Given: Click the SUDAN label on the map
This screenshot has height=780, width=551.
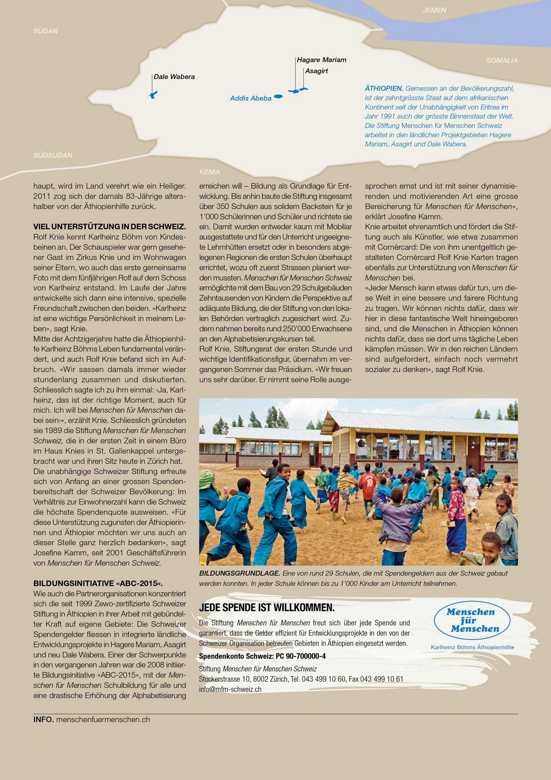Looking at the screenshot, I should coord(45,31).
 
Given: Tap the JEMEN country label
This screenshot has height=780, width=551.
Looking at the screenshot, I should coord(434,10).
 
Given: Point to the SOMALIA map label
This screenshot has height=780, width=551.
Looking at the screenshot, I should coord(502,61).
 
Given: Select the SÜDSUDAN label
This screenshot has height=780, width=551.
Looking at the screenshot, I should coord(53,155).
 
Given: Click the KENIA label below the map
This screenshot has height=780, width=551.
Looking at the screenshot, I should coord(210,172).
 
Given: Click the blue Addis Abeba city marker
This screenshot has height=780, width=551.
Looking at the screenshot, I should coord(278,97).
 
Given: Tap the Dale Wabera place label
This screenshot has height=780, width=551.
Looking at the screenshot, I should coord(174,77).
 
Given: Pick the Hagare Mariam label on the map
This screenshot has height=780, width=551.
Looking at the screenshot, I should coord(322,60).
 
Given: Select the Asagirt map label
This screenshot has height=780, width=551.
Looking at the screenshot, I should coord(316,71).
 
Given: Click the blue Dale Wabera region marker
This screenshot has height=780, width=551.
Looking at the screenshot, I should coord(153,95).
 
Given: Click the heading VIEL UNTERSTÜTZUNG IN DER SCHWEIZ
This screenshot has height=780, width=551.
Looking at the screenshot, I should coord(110,227).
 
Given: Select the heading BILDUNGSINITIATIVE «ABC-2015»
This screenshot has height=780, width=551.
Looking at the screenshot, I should coord(98,583).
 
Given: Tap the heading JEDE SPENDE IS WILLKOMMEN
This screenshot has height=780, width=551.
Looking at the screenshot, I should coord(267,608).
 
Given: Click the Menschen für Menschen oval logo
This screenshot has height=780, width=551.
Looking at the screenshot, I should coord(472,620).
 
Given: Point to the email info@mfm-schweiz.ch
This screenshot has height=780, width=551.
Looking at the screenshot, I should coord(230,689).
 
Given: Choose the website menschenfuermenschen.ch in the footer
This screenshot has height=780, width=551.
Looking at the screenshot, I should coord(103,719).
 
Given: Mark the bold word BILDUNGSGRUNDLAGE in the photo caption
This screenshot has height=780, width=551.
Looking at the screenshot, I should coord(240,573).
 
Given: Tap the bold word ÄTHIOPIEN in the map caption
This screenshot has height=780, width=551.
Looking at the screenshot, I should coord(384,88).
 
